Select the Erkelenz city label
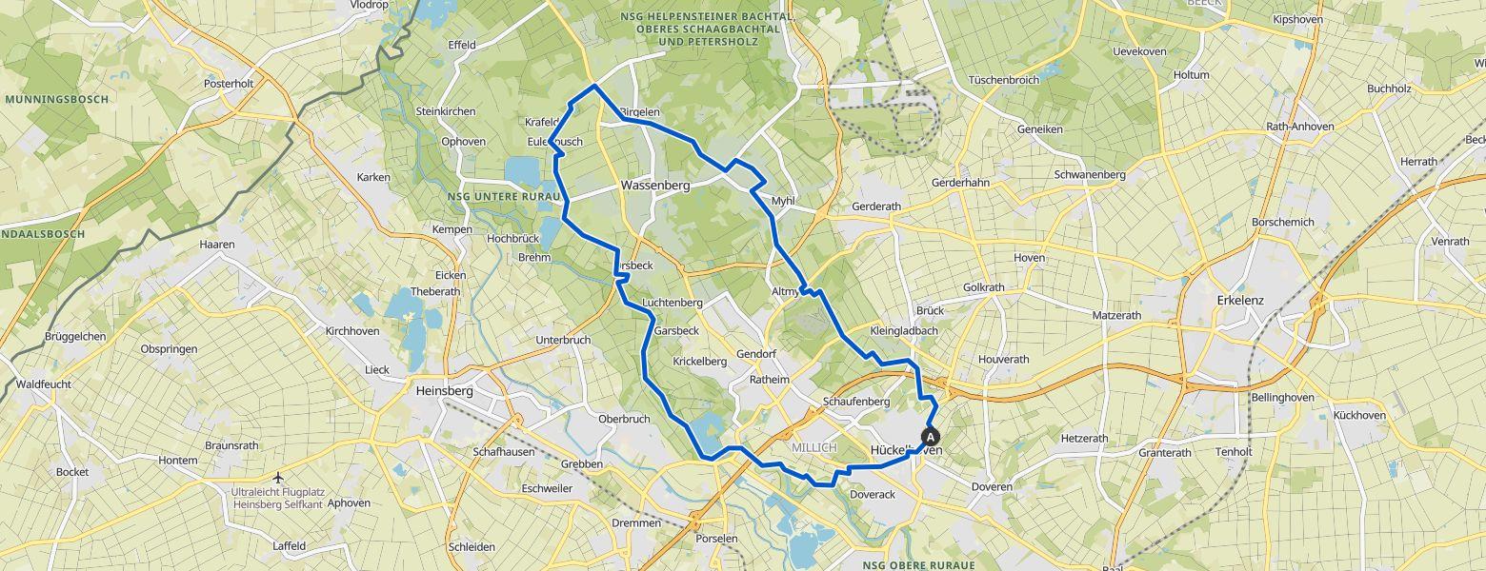tap(1240, 300)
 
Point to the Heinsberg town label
tap(445, 389)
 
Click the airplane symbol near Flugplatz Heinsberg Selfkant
tap(277, 478)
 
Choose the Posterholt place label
tap(229, 84)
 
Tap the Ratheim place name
tap(770, 380)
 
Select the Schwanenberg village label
tap(1090, 175)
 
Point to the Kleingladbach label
tap(904, 331)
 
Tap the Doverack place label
tap(872, 495)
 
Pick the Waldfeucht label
tap(44, 384)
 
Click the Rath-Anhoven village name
tap(1300, 127)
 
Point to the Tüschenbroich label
tap(1003, 80)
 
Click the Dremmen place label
tap(637, 523)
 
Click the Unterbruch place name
tap(563, 340)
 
